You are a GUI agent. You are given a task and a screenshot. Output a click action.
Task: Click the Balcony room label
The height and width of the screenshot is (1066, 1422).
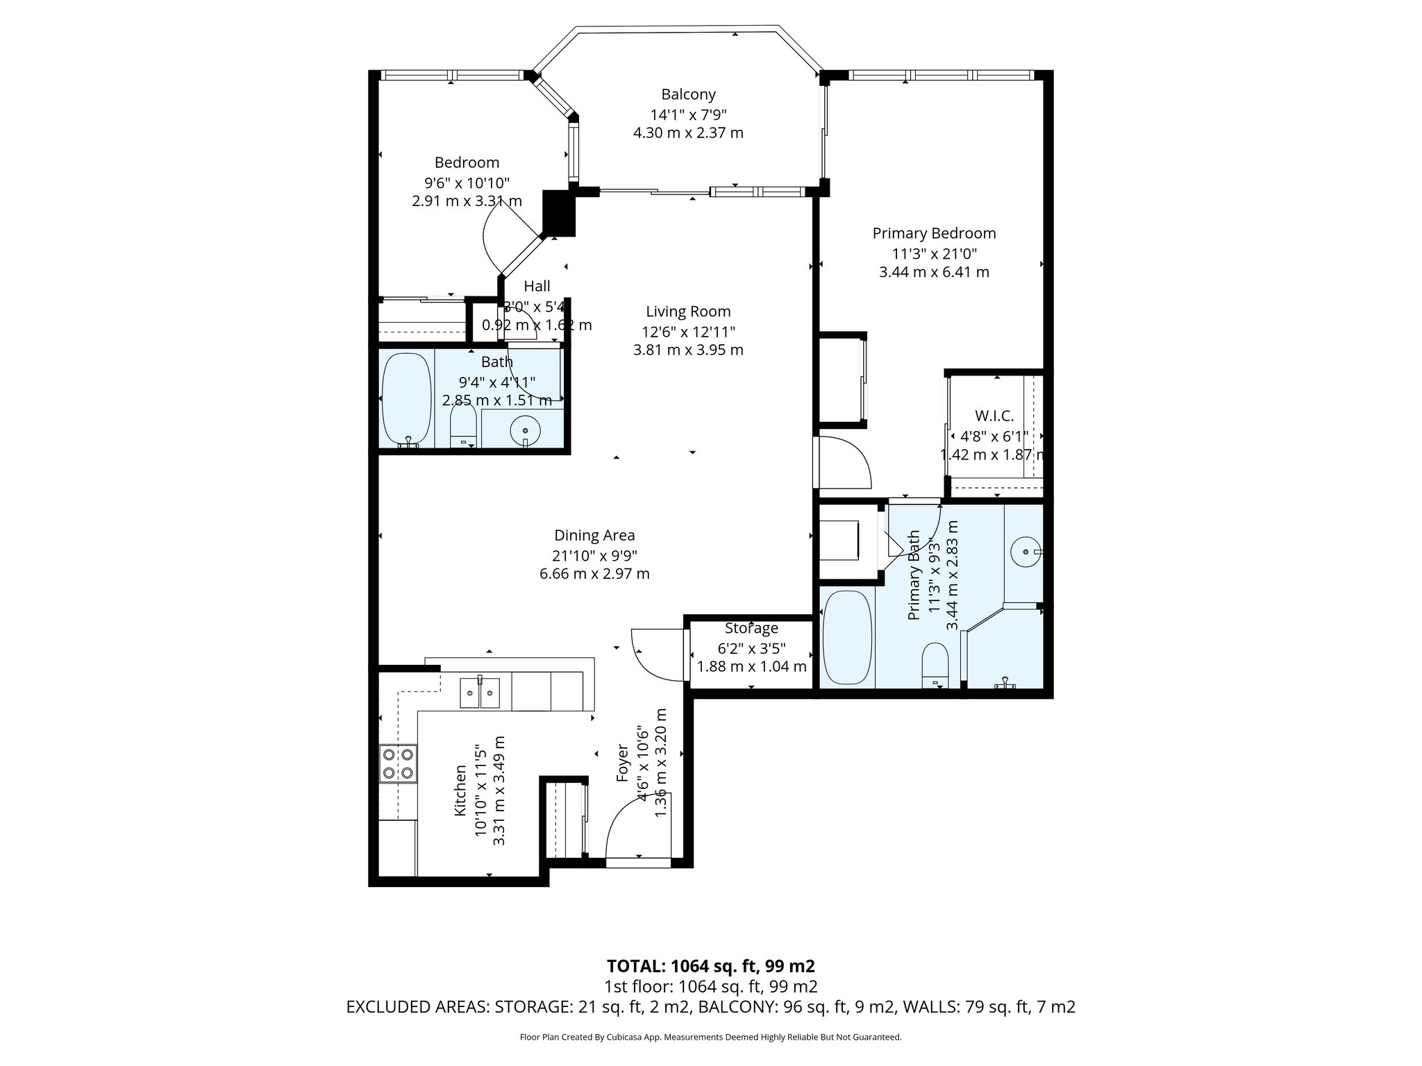[x=688, y=94]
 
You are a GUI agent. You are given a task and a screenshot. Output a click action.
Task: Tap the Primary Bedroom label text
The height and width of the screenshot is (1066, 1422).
[x=934, y=233]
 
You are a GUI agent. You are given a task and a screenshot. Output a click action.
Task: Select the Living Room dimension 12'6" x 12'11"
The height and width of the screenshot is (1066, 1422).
[x=688, y=332]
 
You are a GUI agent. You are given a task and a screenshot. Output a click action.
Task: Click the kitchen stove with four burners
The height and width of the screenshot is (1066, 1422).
[x=399, y=763]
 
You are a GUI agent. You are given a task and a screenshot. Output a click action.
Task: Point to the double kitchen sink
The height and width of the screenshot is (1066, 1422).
[x=480, y=692]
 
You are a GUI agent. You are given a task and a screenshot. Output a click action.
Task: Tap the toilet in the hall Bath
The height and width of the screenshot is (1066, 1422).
[x=462, y=425]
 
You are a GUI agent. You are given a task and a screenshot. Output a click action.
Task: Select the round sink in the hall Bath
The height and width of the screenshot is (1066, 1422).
[x=525, y=430]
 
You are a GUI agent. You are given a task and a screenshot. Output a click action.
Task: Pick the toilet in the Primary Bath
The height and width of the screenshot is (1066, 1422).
[x=936, y=663]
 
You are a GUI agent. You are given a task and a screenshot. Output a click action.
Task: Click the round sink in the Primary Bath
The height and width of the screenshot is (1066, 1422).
[x=1025, y=552]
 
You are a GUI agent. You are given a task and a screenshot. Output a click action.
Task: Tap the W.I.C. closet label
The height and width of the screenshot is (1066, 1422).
[x=994, y=416]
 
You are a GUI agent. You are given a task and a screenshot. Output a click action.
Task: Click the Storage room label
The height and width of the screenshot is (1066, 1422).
[x=751, y=629]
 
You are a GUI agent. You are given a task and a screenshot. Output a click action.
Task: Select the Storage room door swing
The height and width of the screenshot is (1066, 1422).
[x=656, y=652]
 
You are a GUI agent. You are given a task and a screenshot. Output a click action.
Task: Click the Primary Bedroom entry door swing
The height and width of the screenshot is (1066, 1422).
[x=844, y=462]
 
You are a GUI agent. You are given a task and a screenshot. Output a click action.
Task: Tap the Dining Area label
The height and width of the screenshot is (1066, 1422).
[x=594, y=535]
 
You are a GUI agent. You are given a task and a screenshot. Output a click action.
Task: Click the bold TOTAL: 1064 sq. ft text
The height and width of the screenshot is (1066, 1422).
[x=710, y=966]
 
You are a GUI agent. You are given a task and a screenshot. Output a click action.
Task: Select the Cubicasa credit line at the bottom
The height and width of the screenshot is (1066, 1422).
[x=710, y=1037]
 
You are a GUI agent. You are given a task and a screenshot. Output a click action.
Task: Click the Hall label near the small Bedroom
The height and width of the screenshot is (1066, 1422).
[x=537, y=286]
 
